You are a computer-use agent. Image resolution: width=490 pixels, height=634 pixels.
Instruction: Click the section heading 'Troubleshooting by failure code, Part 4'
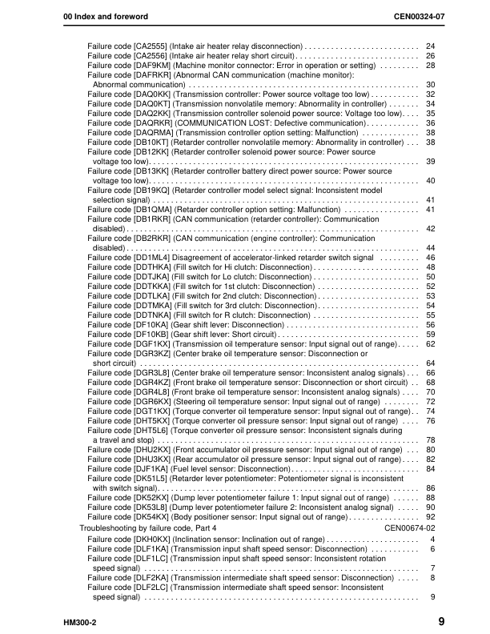pyautogui.click(x=148, y=529)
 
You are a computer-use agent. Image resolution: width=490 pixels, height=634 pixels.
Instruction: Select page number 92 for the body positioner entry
pyautogui.click(x=430, y=516)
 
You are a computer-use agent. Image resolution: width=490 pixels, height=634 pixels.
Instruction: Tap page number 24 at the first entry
pyautogui.click(x=430, y=47)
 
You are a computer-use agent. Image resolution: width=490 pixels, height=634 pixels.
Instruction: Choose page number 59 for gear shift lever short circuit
pyautogui.click(x=430, y=334)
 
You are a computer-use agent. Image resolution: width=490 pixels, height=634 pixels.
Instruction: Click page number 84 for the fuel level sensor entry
pyautogui.click(x=430, y=468)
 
